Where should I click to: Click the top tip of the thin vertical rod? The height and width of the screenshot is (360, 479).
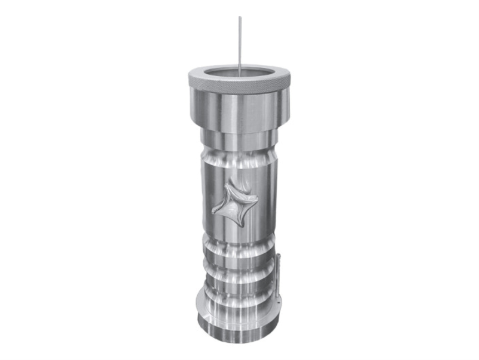click(x=240, y=18)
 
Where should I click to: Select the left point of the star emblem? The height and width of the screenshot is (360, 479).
click(x=213, y=210)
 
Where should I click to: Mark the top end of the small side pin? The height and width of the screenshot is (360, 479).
click(x=277, y=255)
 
